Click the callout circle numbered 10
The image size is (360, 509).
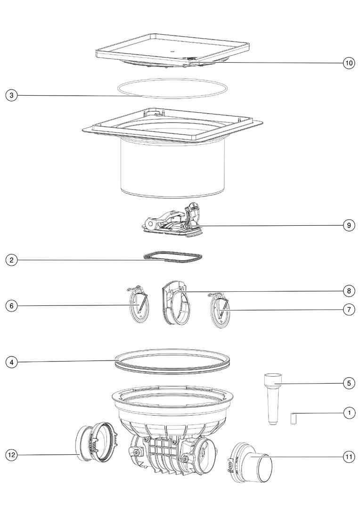(349, 63)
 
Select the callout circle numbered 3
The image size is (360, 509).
(12, 95)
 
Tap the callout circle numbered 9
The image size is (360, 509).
(349, 225)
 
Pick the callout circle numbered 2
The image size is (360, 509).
(12, 260)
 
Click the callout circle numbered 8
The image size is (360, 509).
(349, 291)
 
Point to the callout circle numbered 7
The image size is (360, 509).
(349, 310)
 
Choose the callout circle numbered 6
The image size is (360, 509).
(12, 306)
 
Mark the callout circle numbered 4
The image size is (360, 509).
(12, 362)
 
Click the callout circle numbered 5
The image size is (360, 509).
(349, 383)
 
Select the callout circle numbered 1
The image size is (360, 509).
(349, 413)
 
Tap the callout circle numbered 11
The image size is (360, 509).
(349, 457)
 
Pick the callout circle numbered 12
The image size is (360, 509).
(12, 455)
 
